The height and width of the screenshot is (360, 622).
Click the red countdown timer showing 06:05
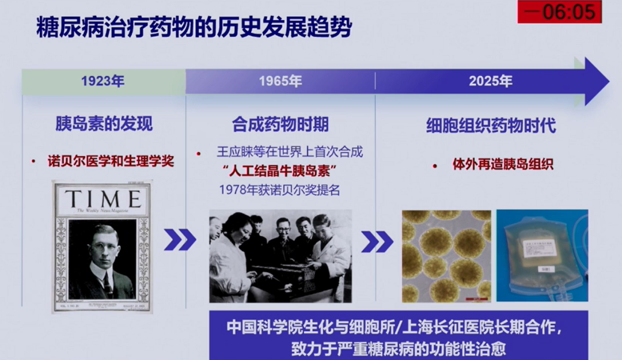point(559,12)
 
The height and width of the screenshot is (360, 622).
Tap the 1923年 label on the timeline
point(103,81)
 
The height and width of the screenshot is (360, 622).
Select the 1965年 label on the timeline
point(280,81)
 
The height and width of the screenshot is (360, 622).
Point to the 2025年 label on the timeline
point(490,81)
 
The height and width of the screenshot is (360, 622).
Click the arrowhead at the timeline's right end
point(596,81)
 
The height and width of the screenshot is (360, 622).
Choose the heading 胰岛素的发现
point(104,124)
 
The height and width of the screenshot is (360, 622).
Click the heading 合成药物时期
point(280,124)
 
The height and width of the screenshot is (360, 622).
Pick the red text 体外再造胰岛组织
point(503,164)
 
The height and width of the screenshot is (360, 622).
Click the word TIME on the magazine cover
point(103,199)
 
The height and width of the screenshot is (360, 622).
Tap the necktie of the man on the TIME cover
point(107,285)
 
